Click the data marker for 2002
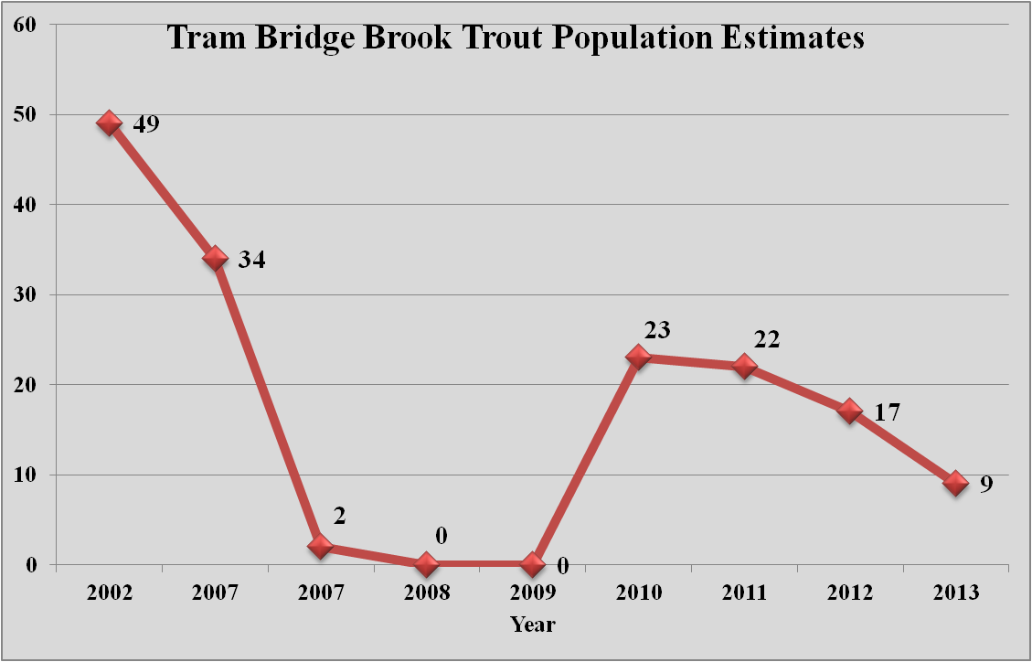click(x=110, y=123)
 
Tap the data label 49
click(x=146, y=123)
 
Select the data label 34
click(x=251, y=260)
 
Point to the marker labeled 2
click(x=320, y=546)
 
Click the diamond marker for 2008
click(x=426, y=564)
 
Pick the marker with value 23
click(x=638, y=357)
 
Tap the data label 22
click(x=766, y=340)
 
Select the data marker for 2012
click(x=850, y=411)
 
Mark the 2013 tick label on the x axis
click(x=956, y=593)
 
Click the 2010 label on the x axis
click(x=638, y=593)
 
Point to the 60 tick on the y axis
click(x=24, y=24)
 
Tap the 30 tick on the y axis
click(x=24, y=294)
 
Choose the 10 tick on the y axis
click(x=24, y=475)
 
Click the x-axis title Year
click(x=532, y=625)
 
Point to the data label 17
click(x=887, y=411)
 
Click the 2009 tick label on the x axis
click(x=532, y=593)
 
